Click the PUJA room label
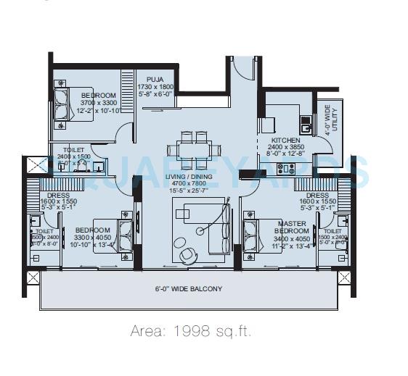pos(155,79)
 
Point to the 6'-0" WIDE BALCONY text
pos(189,288)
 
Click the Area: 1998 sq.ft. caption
pos(191,331)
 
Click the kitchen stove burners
pos(286,169)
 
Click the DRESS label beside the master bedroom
pos(317,196)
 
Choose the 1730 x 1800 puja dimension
pos(155,86)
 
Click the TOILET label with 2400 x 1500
pos(73,156)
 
